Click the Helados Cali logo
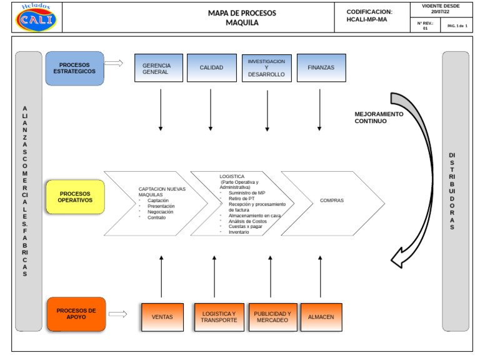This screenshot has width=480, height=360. point(36,17)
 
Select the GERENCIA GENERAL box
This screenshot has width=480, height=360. point(159,68)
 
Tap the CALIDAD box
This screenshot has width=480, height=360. point(211,68)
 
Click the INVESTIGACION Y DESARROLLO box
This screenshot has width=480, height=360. point(266,68)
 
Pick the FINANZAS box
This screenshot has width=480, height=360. point(321,68)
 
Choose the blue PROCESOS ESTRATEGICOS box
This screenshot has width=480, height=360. point(74,68)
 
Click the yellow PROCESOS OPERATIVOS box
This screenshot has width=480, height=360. point(74,197)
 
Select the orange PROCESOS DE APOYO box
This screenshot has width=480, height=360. point(76,314)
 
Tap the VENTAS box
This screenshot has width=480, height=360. point(162,317)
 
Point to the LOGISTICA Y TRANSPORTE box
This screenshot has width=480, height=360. point(219,317)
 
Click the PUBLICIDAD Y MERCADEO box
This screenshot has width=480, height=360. point(272,317)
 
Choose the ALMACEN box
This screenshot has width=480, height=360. point(321,317)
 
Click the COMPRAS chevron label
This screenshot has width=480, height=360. point(332,201)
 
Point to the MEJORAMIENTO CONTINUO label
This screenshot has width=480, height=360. point(379,117)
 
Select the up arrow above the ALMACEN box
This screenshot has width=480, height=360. point(321,276)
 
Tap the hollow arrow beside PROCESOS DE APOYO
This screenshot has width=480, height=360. point(117,314)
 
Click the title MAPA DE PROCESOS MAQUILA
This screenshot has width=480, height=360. point(242,17)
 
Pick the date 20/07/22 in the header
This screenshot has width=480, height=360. point(440,11)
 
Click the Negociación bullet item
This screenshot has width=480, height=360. point(161,212)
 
